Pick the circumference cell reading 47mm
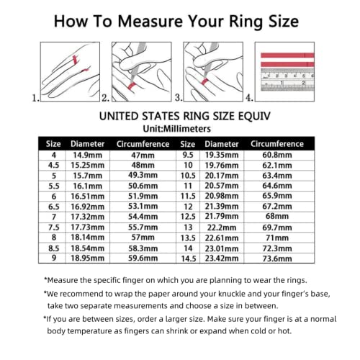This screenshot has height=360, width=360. pyautogui.click(x=142, y=155)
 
